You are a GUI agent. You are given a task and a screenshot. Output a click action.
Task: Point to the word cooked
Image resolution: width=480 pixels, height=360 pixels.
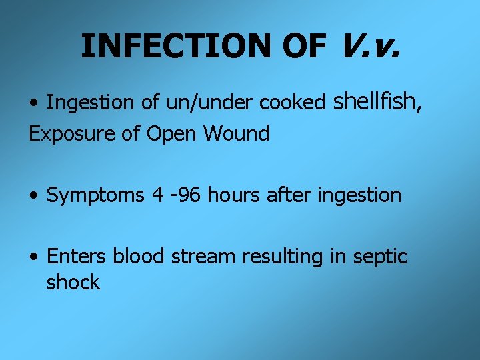click(x=291, y=103)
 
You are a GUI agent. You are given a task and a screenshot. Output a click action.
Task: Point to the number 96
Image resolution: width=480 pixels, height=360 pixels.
click(x=191, y=195)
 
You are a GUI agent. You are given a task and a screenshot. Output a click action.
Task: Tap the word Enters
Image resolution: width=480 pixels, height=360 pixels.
click(x=77, y=256)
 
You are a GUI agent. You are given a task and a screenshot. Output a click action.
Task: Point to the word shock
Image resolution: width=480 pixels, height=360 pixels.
click(x=73, y=282)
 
